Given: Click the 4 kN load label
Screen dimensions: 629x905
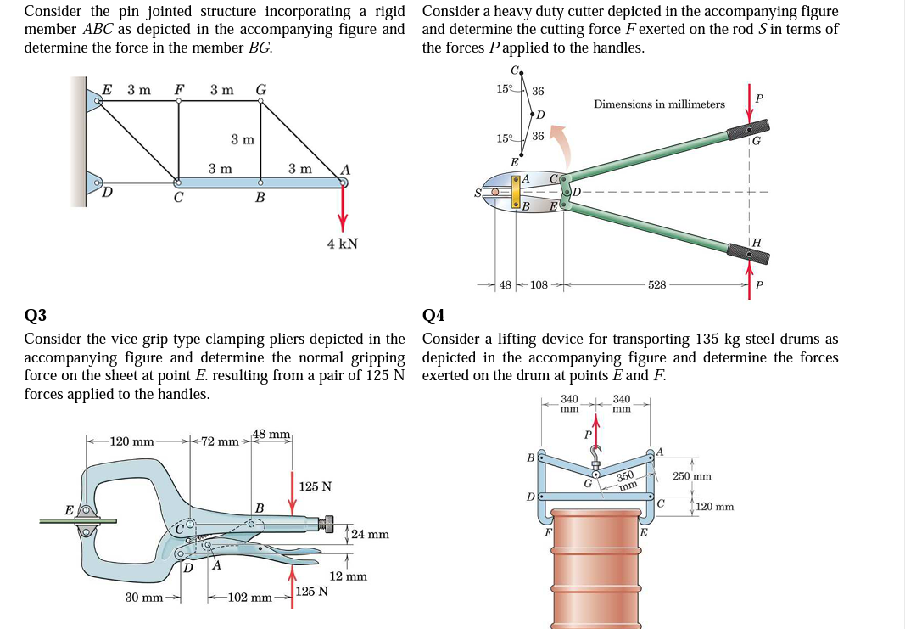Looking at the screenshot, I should (343, 244).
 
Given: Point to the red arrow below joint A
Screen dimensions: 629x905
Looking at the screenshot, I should (343, 209).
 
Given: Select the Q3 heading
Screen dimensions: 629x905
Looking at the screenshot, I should (36, 317).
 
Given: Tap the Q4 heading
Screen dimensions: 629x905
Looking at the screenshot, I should (433, 317).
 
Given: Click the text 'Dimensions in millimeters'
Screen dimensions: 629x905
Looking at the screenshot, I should (659, 104).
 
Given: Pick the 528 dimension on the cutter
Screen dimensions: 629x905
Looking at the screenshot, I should (656, 285).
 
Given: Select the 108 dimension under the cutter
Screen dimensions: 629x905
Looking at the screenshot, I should (539, 285).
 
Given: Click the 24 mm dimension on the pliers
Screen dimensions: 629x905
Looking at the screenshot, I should (370, 535).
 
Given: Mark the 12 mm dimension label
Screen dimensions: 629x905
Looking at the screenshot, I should (348, 576).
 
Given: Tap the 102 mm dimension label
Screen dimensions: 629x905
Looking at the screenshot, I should (250, 598).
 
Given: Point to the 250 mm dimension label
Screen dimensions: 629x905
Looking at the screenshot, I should (691, 477).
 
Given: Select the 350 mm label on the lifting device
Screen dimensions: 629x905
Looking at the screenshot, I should (626, 481).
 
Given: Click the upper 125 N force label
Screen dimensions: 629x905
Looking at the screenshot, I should (316, 487).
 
